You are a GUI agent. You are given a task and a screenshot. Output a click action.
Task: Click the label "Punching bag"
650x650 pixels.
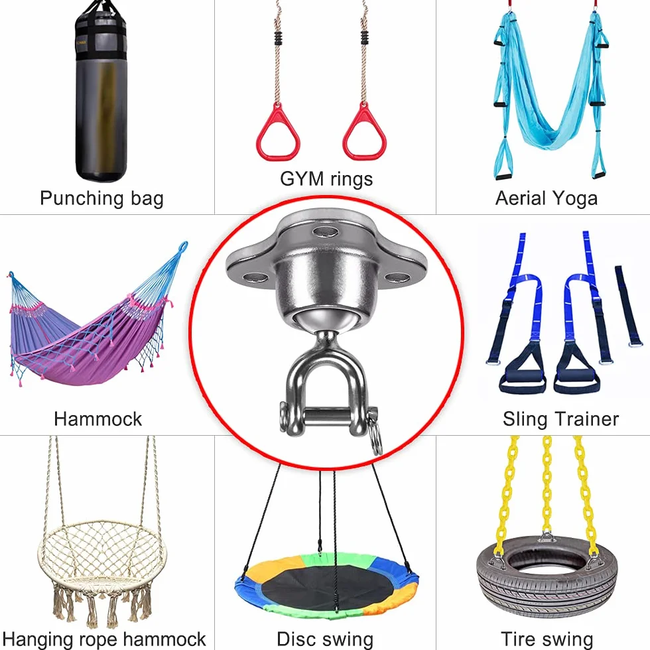point(101,198)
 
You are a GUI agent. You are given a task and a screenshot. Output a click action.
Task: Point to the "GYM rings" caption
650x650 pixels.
point(326,179)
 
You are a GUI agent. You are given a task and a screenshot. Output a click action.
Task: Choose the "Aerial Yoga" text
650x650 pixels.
point(547,198)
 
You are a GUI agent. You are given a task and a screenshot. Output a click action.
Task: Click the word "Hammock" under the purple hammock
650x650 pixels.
point(98,419)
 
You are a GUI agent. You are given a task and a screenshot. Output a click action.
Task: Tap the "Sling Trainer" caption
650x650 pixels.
point(560,419)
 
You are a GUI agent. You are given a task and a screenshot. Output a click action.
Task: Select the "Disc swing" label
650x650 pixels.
point(325,639)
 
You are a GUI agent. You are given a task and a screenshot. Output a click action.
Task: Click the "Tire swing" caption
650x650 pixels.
point(547,639)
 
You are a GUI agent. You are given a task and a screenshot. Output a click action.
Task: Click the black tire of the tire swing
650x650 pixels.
point(547,589)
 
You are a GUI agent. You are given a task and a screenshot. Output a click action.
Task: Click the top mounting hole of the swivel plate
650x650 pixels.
point(326,231)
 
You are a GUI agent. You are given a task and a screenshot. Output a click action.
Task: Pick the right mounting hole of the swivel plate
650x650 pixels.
point(397,277)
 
